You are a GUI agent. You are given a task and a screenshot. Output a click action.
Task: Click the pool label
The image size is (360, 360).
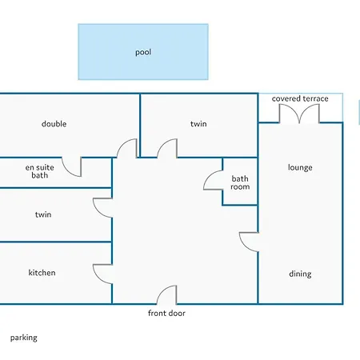pos(143,52)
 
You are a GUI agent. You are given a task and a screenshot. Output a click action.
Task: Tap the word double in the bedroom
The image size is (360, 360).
pos(54,124)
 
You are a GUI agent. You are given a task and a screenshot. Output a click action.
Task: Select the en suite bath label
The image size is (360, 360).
pos(40,171)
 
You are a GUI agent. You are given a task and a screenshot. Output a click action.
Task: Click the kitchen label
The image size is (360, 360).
pos(42,273)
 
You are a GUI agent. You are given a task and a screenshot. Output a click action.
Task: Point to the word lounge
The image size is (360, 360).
pos(300,168)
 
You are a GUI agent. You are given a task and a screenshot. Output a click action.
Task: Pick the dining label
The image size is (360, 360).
pos(300,274)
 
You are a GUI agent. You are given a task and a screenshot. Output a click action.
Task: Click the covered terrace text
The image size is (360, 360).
pos(300,98)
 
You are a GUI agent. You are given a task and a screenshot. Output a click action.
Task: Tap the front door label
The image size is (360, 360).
pos(166,313)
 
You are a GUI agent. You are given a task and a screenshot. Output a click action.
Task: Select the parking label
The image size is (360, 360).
pos(24,338)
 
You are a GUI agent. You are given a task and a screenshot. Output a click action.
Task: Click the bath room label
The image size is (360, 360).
pos(240,182)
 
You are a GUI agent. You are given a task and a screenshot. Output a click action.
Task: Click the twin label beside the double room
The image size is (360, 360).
pos(198,124)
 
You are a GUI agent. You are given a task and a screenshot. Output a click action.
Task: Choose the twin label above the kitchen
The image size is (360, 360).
pos(43,214)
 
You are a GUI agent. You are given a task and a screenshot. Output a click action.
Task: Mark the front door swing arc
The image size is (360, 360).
pos(162,291)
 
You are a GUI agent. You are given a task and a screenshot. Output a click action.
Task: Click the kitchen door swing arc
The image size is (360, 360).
pos(98,278)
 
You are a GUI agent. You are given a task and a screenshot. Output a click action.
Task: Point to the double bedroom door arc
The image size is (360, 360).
pos(122,145)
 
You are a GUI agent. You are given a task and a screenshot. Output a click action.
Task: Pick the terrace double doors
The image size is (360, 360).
pos(299,114)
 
